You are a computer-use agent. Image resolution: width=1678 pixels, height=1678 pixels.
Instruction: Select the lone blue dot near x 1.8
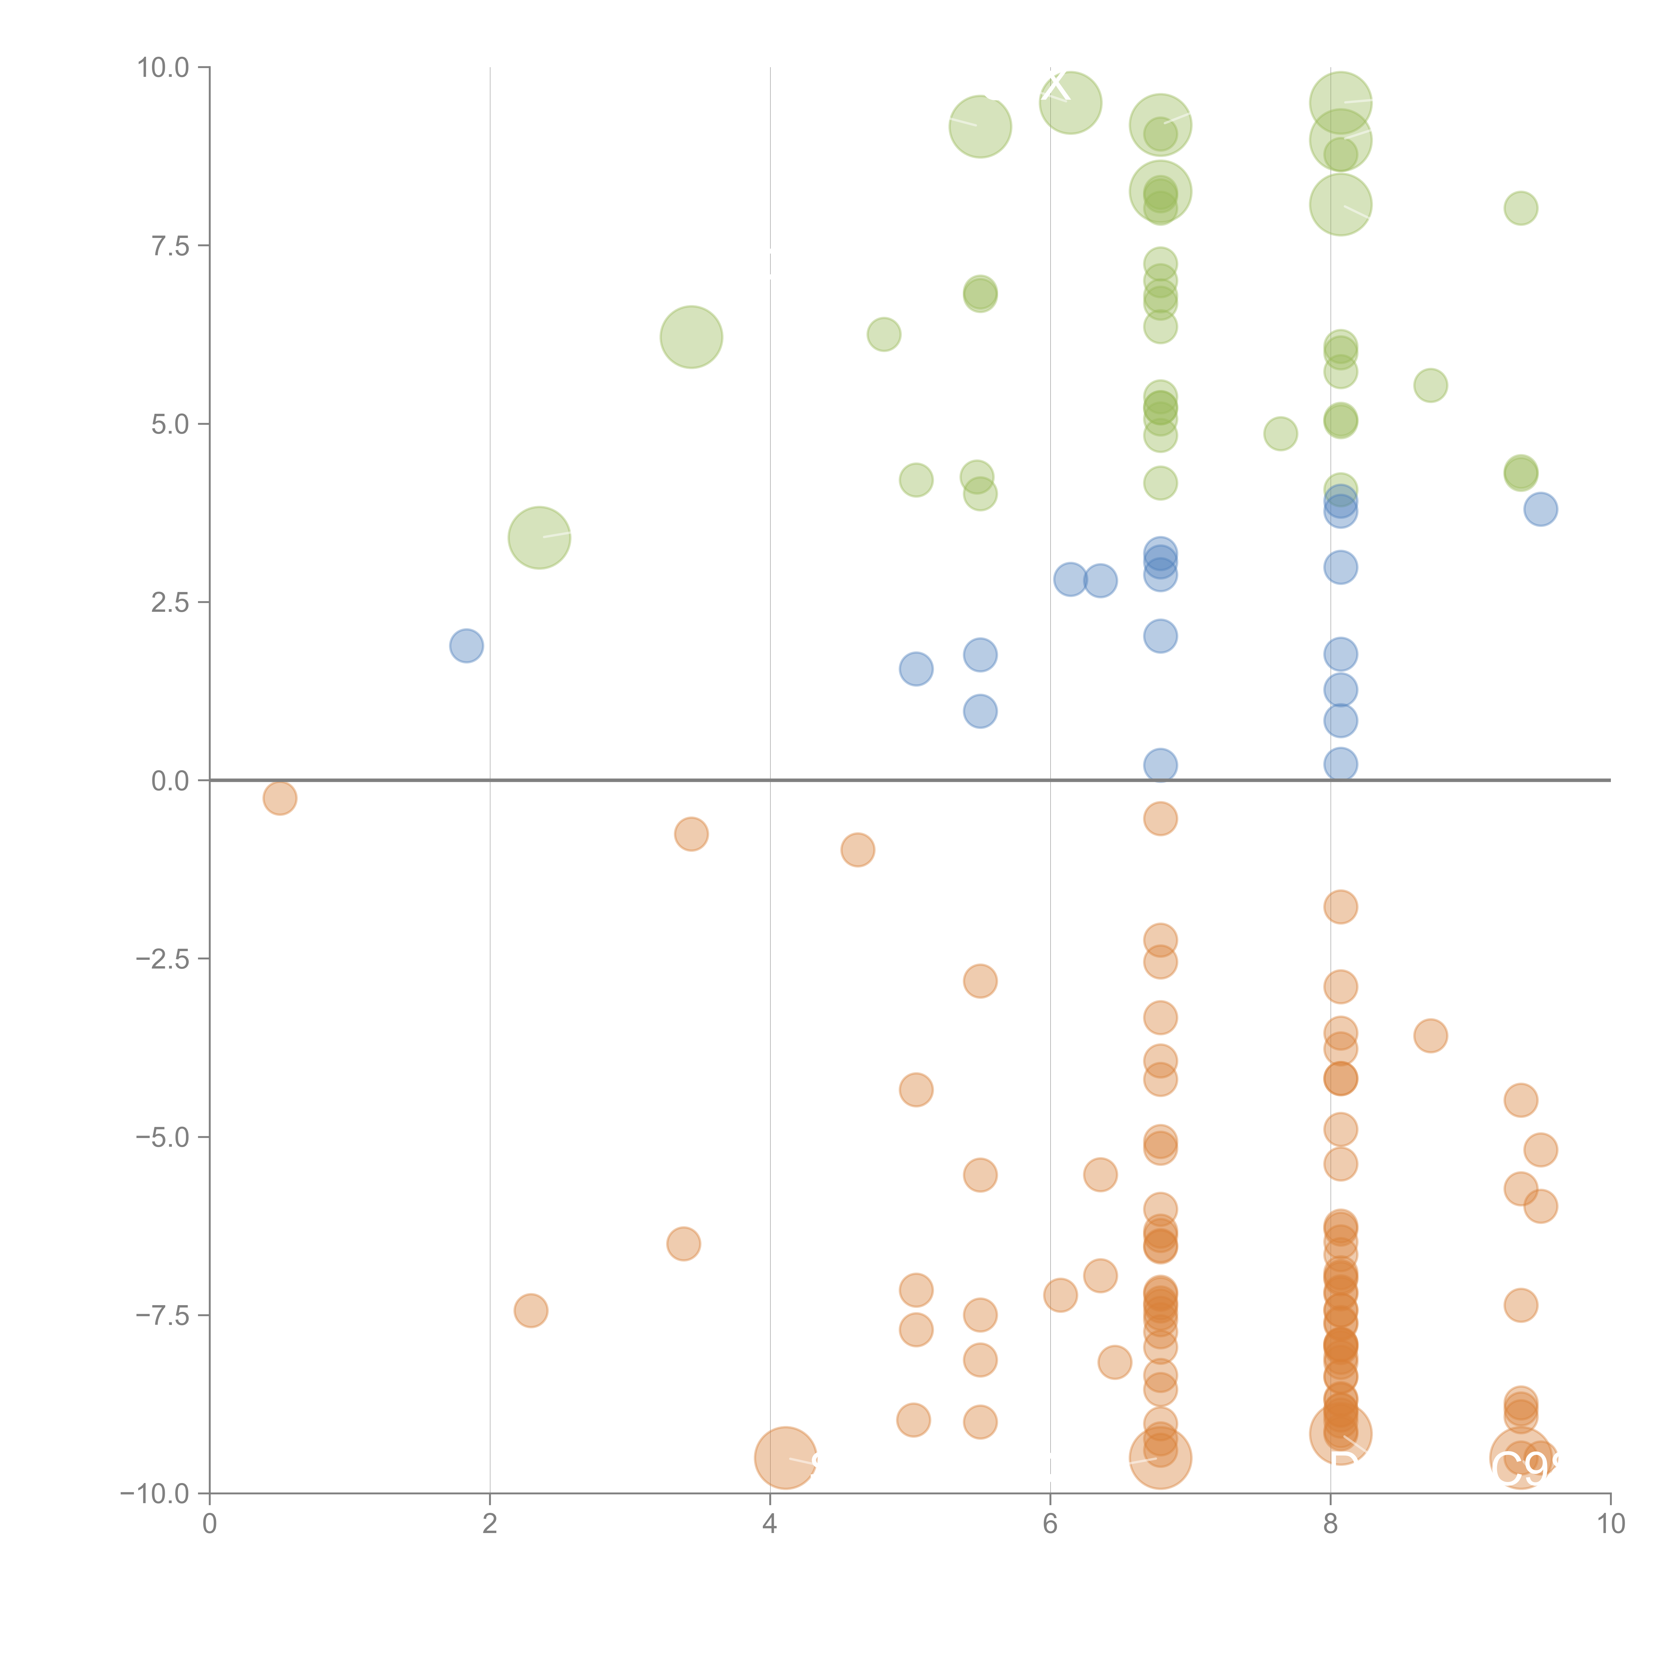click(x=466, y=645)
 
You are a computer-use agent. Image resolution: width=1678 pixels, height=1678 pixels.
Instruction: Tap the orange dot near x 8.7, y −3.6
click(x=1430, y=1035)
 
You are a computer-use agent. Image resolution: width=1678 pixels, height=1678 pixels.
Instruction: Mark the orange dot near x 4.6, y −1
click(x=857, y=849)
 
